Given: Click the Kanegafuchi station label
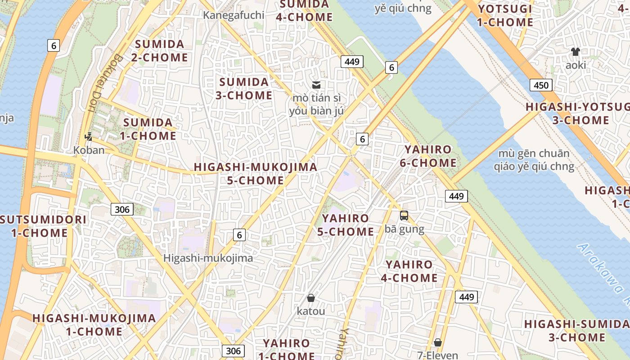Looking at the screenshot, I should point(233,15).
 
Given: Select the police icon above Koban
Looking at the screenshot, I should point(89,136).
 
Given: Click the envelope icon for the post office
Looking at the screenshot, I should point(316,85).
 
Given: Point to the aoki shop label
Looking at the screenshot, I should point(576,65).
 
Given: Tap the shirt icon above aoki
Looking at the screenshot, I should point(575,51).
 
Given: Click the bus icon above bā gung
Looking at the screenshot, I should point(404,216).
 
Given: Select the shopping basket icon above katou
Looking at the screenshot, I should point(310,298).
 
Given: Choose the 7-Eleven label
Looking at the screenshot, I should point(437,355).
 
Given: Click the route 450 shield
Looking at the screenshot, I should point(540,85).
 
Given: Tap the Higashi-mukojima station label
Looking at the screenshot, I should point(208,258).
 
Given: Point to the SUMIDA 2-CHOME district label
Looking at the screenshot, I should point(160,51).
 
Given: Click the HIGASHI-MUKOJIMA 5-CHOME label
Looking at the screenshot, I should point(255,174).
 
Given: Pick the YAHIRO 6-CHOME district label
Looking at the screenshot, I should point(428,156).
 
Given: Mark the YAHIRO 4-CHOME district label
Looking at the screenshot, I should point(409,271).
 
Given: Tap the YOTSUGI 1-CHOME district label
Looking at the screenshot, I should point(505,15).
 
